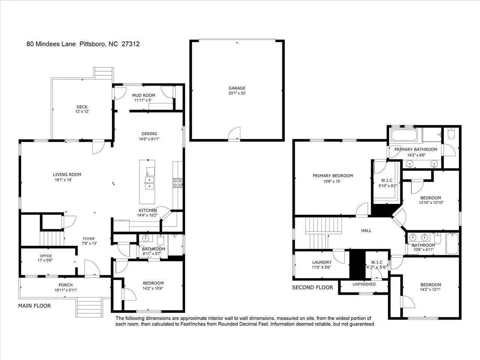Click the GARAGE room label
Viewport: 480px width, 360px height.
click(x=237, y=88)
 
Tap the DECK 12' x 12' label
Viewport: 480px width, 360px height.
click(x=82, y=111)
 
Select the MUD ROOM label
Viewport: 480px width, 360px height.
click(x=144, y=95)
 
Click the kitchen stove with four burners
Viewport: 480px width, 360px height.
click(x=177, y=183)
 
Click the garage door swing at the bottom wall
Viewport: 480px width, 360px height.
click(x=234, y=133)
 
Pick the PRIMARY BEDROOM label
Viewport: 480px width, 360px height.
click(x=333, y=175)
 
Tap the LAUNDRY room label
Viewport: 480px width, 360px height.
click(x=322, y=262)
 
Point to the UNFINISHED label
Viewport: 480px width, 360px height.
click(x=364, y=284)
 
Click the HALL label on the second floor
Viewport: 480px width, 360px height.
click(x=366, y=230)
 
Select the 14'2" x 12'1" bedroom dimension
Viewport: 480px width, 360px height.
click(x=430, y=290)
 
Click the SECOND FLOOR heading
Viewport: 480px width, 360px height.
click(x=312, y=288)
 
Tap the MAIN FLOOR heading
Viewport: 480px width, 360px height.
click(x=34, y=306)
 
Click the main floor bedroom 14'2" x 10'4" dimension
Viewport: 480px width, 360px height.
click(x=153, y=288)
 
